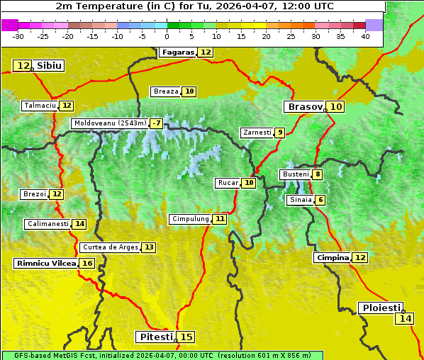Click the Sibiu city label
click(x=50, y=66)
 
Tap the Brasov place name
click(x=304, y=107)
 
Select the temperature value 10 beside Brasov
click(x=336, y=107)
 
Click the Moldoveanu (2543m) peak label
click(x=110, y=123)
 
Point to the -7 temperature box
click(x=156, y=123)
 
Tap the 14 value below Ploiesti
click(x=405, y=319)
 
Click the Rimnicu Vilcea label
click(x=45, y=263)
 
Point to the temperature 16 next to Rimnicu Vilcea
click(x=87, y=263)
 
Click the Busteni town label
click(x=295, y=174)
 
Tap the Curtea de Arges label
click(x=109, y=247)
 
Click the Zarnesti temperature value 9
click(x=280, y=133)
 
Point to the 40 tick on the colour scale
click(x=365, y=36)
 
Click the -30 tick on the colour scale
click(x=18, y=36)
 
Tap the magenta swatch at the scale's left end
click(x=9, y=25)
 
